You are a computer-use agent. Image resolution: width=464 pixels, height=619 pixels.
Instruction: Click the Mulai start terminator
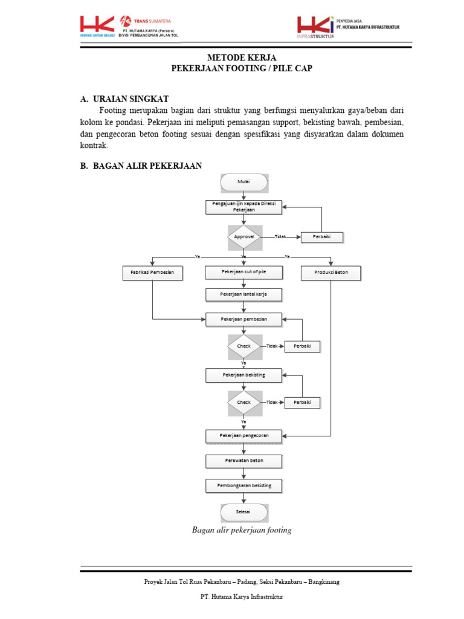click(244, 181)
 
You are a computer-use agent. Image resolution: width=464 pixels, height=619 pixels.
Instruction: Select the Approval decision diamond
click(244, 237)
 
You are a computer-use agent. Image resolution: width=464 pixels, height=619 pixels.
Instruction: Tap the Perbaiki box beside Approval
click(321, 237)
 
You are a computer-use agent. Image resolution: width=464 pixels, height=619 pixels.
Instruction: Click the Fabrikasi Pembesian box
click(152, 273)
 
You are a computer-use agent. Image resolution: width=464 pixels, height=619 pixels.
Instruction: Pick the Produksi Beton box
click(331, 273)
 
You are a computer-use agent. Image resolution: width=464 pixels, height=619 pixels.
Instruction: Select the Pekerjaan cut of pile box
click(243, 273)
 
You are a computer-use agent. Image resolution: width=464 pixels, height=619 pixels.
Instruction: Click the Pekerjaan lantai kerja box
click(243, 294)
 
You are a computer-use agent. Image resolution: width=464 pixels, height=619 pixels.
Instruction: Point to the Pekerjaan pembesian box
click(243, 319)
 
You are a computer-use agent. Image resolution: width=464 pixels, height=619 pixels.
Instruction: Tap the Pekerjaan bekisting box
click(243, 375)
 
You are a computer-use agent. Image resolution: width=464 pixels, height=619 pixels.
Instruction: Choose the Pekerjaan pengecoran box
click(243, 435)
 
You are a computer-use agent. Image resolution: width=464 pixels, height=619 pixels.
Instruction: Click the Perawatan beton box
click(243, 461)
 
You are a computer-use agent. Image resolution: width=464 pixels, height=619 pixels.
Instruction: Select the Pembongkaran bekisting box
click(243, 485)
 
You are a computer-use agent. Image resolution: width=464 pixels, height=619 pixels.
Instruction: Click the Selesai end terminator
click(243, 512)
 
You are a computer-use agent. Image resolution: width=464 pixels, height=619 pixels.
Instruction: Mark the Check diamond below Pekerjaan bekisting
click(244, 402)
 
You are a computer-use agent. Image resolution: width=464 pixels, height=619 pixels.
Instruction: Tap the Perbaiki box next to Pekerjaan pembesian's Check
click(302, 346)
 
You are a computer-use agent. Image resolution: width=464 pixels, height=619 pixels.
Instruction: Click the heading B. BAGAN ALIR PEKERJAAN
click(141, 166)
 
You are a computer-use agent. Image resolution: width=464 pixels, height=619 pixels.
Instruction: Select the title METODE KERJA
click(242, 57)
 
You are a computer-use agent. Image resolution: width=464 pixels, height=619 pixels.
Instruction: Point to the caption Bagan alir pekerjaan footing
click(242, 530)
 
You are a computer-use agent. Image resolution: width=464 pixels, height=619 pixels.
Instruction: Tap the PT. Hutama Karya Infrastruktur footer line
click(242, 597)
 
